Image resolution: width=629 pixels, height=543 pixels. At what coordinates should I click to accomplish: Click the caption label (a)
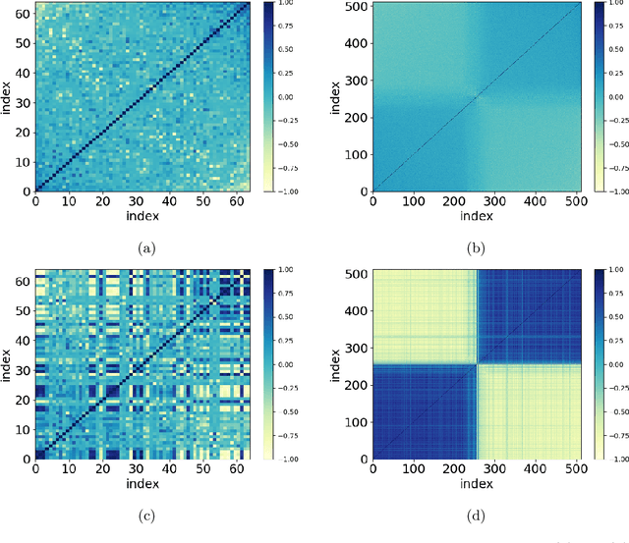coord(147,248)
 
